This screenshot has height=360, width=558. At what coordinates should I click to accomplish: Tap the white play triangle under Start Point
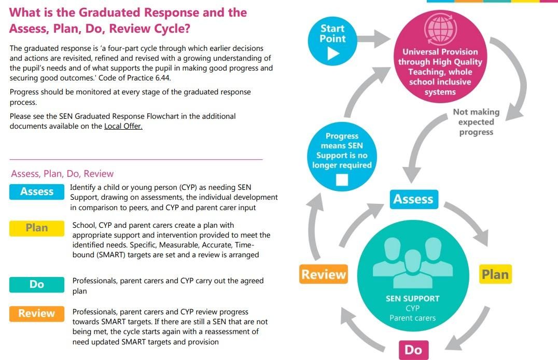pos(332,53)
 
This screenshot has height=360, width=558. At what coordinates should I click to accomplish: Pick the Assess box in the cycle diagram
pos(413,199)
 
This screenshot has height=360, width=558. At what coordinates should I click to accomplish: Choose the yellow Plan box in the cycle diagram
pos(495,274)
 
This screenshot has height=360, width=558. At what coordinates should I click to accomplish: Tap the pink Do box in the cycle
pos(413,350)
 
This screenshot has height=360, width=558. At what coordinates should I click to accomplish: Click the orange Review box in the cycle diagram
pos(324,274)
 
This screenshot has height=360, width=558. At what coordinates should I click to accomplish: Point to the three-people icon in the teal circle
pos(412,262)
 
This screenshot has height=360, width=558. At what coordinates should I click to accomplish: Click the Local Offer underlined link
pos(123,126)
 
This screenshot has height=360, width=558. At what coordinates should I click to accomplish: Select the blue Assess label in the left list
pos(36,192)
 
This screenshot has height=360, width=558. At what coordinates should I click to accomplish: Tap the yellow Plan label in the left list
pos(36,228)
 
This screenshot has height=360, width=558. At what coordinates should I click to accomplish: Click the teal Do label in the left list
pos(36,284)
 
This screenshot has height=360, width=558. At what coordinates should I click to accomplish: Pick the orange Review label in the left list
pos(36,313)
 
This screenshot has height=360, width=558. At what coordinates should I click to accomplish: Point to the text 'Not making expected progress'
pos(476,122)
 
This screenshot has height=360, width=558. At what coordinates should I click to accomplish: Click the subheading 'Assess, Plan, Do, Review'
pos(62,174)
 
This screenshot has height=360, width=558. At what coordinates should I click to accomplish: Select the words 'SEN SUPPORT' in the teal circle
pos(412,299)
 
